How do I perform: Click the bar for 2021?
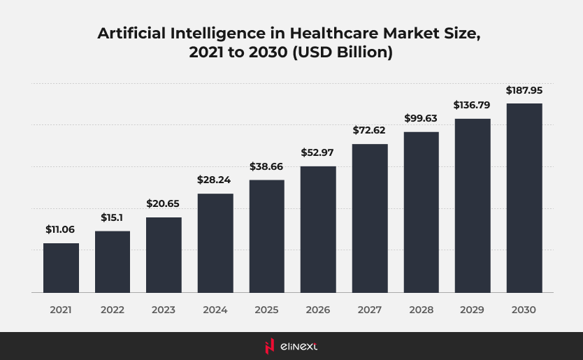coord(61,268)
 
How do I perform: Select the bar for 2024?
coord(215,243)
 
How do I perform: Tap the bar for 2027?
coord(370,218)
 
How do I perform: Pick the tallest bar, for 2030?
coord(524,198)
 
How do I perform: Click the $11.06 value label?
coord(61,229)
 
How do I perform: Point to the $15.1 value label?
coord(113,217)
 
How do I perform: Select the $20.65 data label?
coord(164,203)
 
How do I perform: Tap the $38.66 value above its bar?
coord(267,166)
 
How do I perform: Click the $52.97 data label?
coord(318,152)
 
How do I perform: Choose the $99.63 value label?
coord(422,118)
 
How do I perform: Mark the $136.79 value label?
coord(473,105)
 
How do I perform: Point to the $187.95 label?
coord(524,90)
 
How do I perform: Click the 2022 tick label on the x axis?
coord(113,309)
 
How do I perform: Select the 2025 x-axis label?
coord(267,309)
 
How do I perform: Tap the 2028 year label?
coord(422,309)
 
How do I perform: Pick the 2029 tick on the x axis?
coord(473,309)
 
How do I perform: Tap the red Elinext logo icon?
coord(268,346)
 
